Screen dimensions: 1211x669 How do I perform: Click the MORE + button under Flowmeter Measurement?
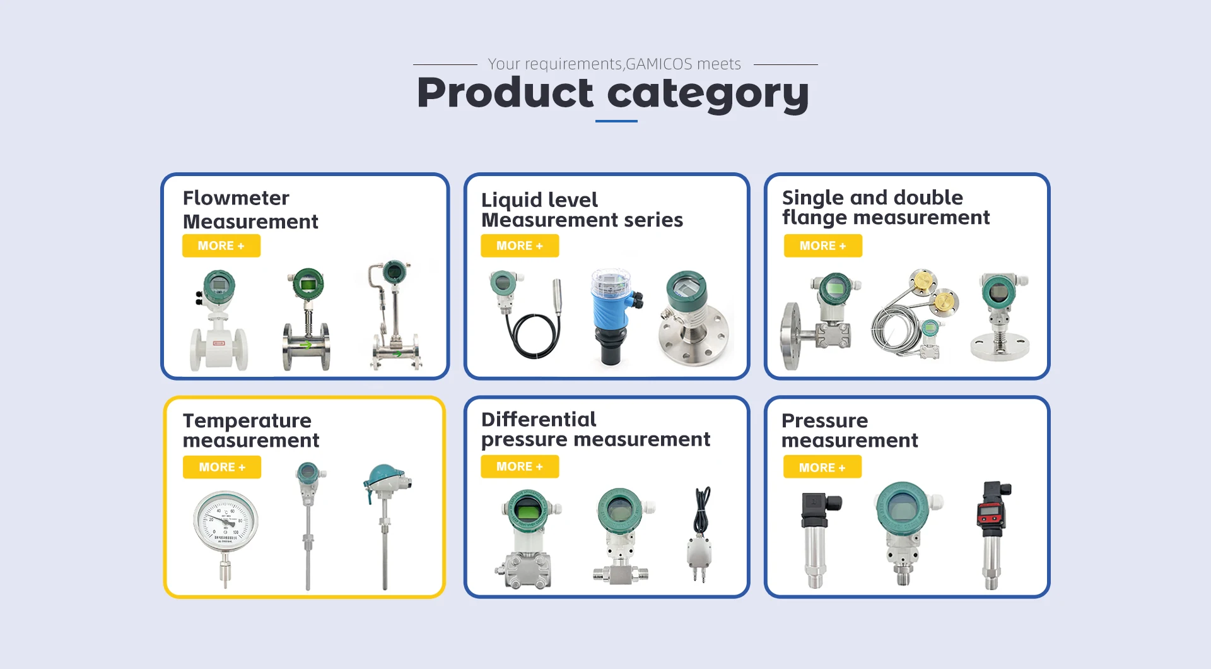tap(221, 246)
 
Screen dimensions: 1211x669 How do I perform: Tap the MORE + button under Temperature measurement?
tap(222, 467)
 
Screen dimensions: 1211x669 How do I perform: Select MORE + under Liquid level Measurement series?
tap(520, 246)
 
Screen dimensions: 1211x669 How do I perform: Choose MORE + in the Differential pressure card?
tap(520, 466)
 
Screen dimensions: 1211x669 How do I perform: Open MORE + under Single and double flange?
tap(823, 246)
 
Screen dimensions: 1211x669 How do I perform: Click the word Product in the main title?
tap(505, 93)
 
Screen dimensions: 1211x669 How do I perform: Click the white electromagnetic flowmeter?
tap(219, 320)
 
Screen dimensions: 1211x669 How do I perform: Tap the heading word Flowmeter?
tap(236, 198)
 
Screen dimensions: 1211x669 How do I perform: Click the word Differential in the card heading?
tap(539, 419)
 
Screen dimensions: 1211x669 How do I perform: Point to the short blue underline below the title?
tap(616, 121)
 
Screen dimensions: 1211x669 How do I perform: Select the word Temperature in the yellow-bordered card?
tap(247, 421)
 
